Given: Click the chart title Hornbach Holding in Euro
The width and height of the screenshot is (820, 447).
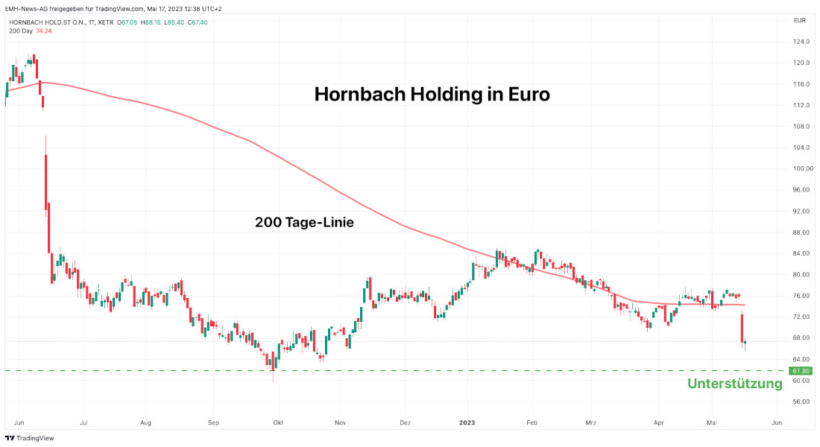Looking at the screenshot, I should click(432, 95).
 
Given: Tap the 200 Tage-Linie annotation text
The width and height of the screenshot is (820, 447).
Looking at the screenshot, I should click(303, 222).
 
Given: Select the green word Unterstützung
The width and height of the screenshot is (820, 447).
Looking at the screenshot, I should click(734, 384).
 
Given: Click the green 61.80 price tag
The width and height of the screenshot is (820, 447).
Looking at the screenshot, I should click(801, 370).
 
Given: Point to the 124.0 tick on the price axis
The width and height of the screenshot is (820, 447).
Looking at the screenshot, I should click(802, 42).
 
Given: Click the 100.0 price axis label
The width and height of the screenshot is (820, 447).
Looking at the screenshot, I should click(802, 168).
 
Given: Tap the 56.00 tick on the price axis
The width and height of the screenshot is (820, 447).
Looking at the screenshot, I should click(801, 402).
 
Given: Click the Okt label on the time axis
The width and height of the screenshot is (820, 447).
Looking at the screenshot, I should click(278, 422).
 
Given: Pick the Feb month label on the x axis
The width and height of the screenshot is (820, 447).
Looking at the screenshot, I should click(532, 422).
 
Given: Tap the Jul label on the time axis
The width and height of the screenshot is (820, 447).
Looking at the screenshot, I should click(83, 422).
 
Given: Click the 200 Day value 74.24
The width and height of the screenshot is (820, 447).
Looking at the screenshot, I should click(44, 31).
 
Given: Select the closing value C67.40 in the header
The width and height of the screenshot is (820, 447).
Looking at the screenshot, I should click(197, 22).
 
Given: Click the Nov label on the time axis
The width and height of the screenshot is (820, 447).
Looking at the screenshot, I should click(341, 422).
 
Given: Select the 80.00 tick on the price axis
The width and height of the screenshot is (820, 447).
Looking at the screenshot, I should click(801, 274).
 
